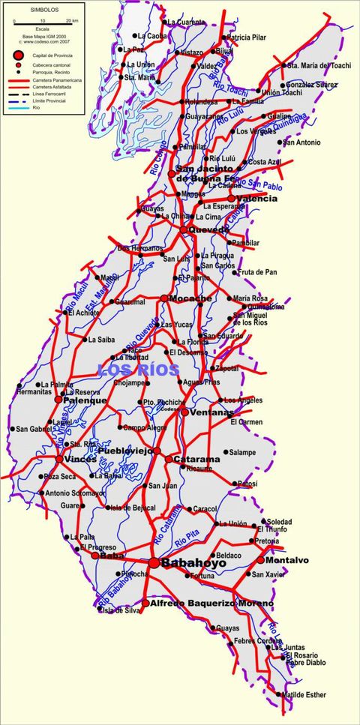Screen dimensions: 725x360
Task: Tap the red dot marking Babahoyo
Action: coord(154,562)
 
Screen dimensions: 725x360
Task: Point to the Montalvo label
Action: coord(287,560)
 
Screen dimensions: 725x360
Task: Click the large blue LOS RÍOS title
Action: coord(139,370)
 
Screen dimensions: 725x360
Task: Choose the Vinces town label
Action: coord(80,459)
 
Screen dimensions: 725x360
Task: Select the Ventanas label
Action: coord(211,413)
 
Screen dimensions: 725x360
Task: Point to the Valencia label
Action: coord(256,199)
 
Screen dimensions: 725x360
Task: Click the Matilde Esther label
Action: coord(306,694)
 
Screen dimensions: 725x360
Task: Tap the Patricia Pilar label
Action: coord(247,37)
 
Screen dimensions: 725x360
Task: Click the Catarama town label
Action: coord(196,459)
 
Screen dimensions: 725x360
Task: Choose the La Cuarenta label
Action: coord(185,22)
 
